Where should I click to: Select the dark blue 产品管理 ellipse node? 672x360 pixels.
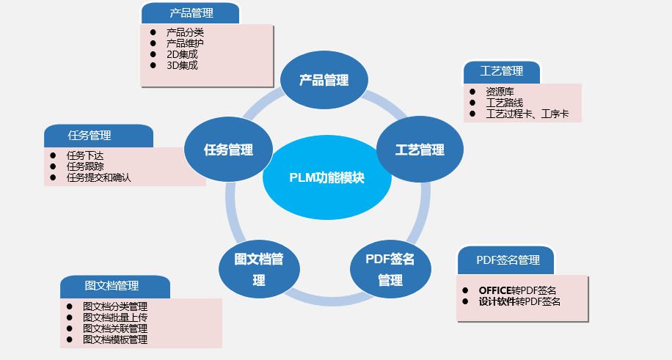324,80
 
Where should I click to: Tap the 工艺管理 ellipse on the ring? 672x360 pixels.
420,150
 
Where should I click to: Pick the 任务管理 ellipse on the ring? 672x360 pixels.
228,150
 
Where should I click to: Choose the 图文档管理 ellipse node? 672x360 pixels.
259,269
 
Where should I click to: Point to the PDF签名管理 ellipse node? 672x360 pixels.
390,269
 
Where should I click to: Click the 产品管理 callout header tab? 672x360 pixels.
191,12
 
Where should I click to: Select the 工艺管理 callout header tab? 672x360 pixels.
502,71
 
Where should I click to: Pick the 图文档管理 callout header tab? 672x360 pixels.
115,286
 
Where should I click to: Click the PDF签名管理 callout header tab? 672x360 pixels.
507,260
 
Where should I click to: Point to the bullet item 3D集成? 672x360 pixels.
182,65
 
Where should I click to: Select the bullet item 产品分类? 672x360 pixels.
185,32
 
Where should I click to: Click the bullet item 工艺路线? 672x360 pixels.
504,103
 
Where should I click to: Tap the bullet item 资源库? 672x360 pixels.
500,92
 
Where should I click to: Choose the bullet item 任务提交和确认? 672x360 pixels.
98,177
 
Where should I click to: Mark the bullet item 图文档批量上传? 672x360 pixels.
115,317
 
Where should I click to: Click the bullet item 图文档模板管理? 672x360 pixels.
115,339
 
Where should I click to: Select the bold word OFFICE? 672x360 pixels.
495,290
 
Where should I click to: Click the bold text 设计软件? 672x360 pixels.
497,301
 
